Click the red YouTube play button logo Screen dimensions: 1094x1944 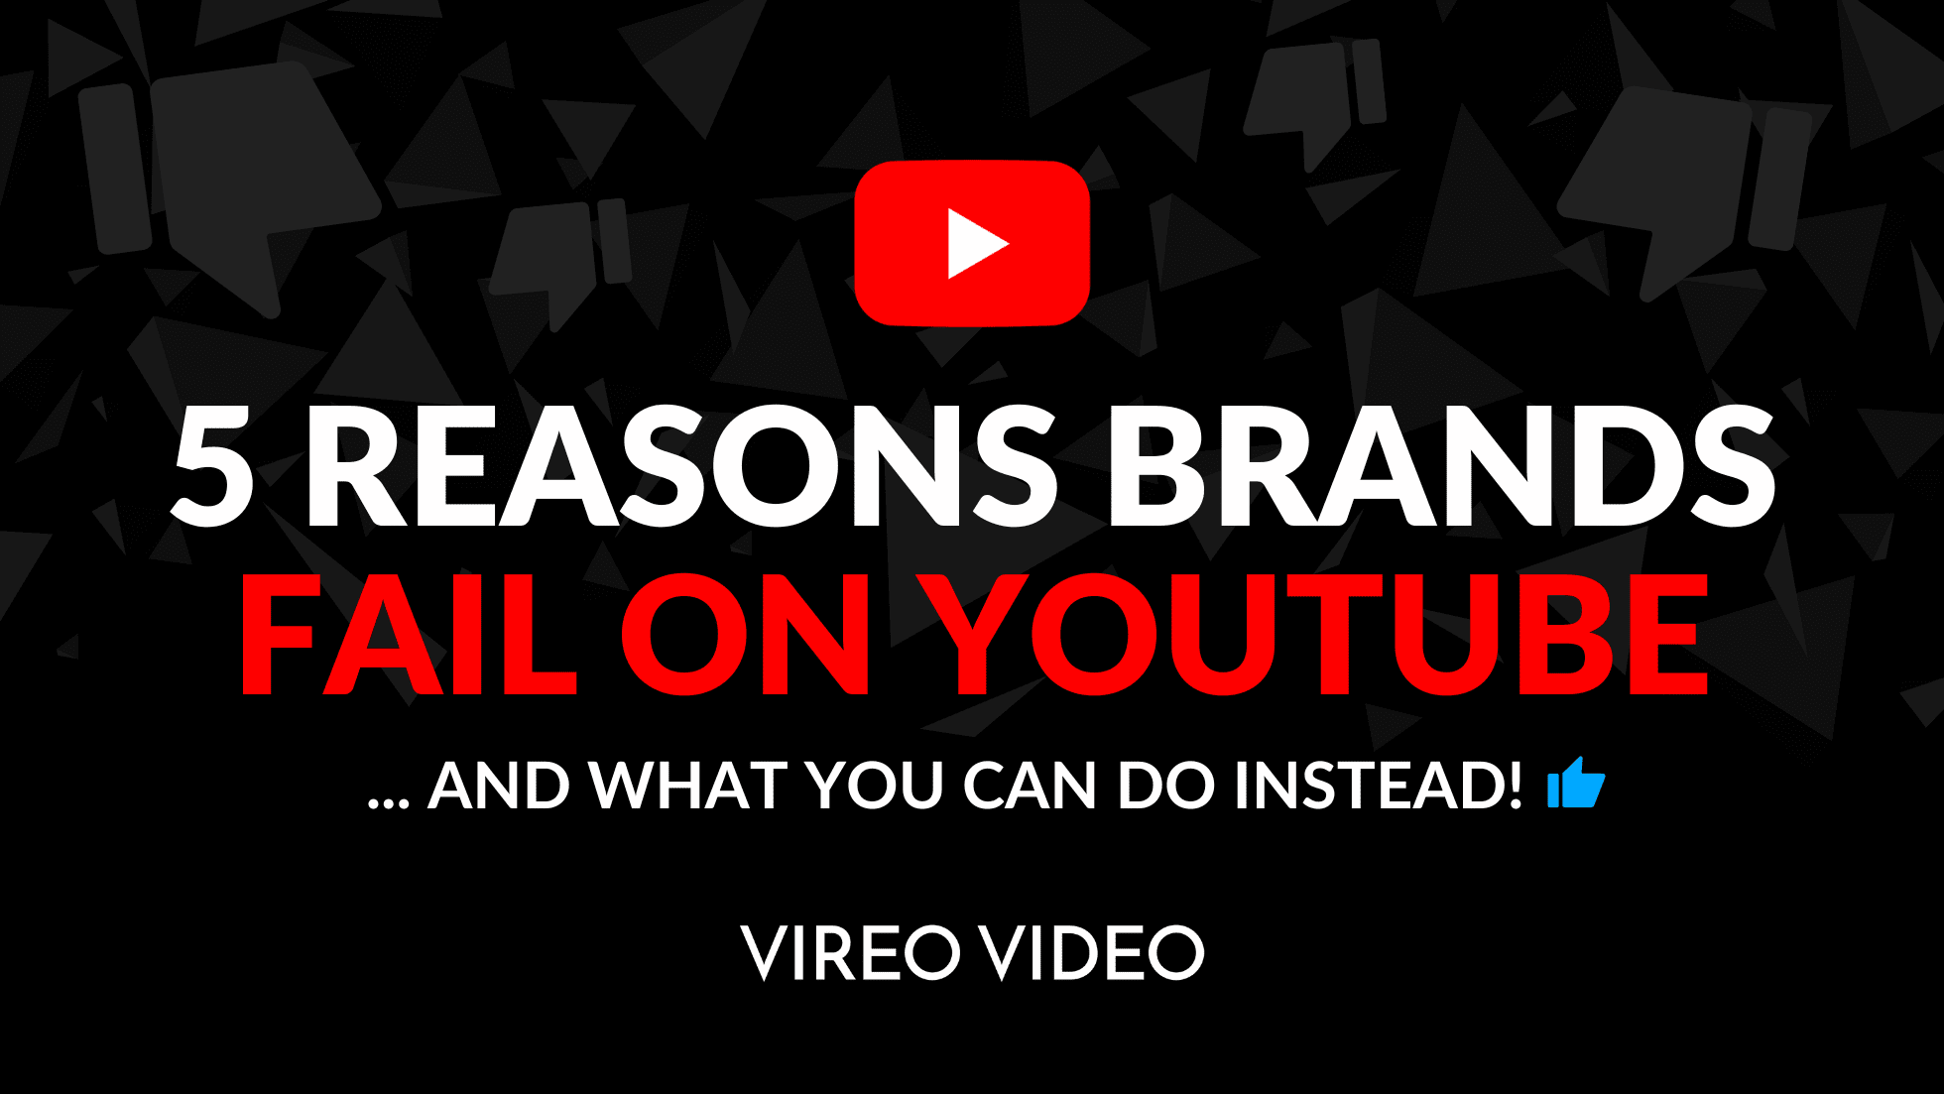[972, 243]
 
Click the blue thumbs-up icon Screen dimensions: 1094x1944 [1576, 784]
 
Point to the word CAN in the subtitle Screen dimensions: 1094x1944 [1031, 786]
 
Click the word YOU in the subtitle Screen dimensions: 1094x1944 [874, 786]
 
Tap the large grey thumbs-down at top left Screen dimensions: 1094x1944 [238, 179]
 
